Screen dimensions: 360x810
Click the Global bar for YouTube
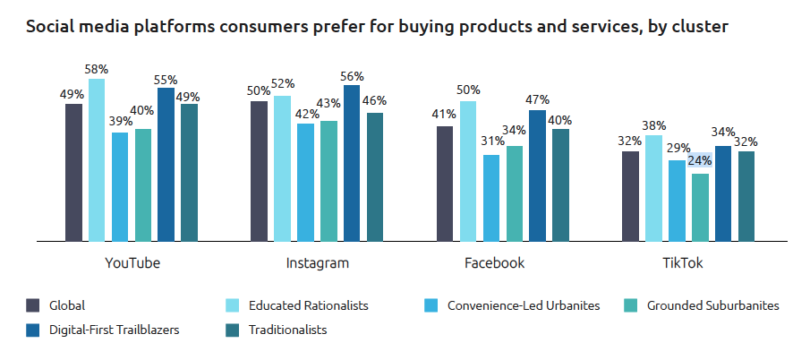point(73,172)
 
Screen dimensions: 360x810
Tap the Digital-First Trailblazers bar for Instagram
point(352,163)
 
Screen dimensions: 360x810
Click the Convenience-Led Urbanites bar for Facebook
point(491,198)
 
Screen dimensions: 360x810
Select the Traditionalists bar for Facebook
point(560,184)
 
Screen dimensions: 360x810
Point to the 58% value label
point(97,69)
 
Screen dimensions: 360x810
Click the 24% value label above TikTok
point(700,161)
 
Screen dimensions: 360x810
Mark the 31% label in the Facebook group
point(491,141)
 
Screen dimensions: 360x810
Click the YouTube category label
point(132,263)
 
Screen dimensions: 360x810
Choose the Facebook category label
point(494,263)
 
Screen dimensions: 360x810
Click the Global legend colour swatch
point(33,305)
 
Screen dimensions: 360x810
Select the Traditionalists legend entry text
point(288,330)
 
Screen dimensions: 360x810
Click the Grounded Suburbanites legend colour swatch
point(631,305)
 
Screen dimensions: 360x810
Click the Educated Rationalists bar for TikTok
point(653,188)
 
